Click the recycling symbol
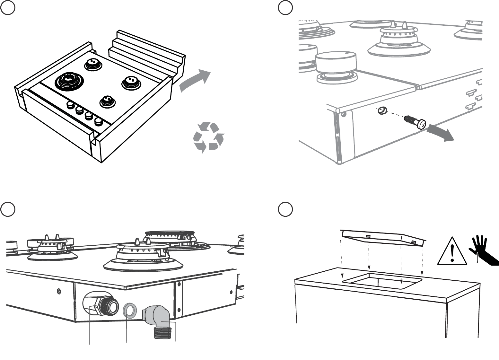(209, 136)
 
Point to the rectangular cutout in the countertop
(382, 281)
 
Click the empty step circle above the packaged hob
(8, 8)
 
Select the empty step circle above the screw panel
(285, 8)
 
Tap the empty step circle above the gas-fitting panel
(8, 209)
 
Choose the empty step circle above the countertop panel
(285, 209)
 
